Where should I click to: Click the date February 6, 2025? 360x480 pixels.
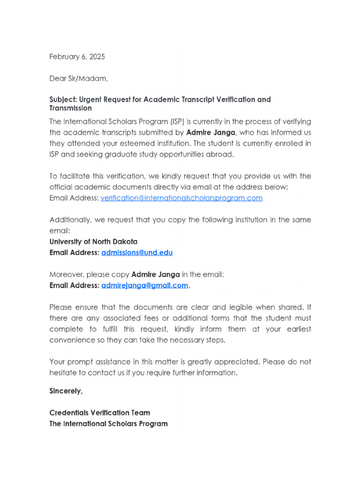pyautogui.click(x=77, y=57)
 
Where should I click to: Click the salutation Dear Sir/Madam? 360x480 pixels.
pyautogui.click(x=79, y=78)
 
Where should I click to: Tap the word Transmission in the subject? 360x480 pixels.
pyautogui.click(x=70, y=108)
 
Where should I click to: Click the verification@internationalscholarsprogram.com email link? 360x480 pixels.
pyautogui.click(x=181, y=198)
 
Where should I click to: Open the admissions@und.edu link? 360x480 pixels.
pyautogui.click(x=137, y=253)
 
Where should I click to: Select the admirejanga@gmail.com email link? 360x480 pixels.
pyautogui.click(x=145, y=285)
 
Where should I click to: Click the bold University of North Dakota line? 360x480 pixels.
pyautogui.click(x=93, y=242)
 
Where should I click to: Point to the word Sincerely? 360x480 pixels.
pyautogui.click(x=66, y=390)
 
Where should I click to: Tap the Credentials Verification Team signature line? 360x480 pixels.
pyautogui.click(x=100, y=413)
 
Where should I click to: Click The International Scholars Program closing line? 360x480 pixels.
pyautogui.click(x=108, y=424)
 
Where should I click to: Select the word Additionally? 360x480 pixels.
pyautogui.click(x=69, y=220)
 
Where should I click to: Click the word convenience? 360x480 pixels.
pyautogui.click(x=72, y=340)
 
